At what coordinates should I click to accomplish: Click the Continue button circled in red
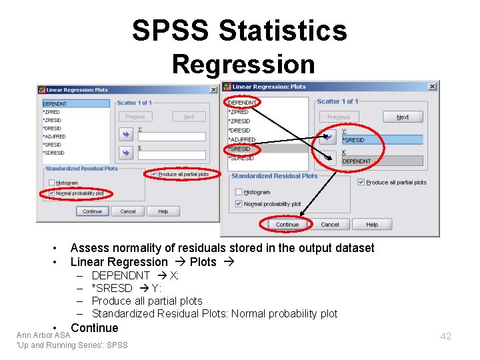pos(287,225)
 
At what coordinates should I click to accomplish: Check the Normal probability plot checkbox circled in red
pos(53,193)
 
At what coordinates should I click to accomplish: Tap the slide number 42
pos(445,336)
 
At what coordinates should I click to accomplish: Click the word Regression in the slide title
pos(243,65)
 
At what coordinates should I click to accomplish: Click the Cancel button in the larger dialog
pos(330,225)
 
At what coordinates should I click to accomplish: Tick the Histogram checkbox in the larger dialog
pos(239,192)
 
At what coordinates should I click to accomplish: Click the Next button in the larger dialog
pos(403,117)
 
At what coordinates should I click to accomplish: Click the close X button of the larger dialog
pos(432,87)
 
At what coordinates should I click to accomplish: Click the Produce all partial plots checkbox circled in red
pos(155,174)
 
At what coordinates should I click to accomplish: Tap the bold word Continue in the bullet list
pos(94,328)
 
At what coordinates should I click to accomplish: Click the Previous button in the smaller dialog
pos(135,117)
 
